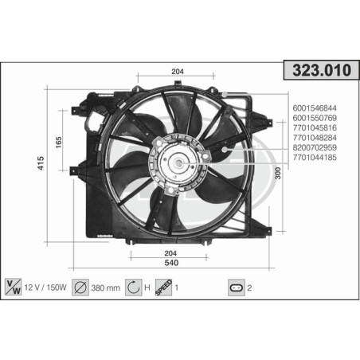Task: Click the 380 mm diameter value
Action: (x=107, y=286)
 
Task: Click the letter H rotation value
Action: (x=149, y=286)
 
